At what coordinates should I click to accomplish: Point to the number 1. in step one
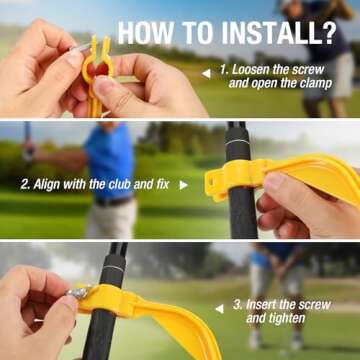pos(225,71)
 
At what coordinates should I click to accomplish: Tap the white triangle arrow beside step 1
pos(206,73)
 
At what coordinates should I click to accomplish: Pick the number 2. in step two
pos(25,184)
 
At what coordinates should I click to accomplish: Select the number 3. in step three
pos(238,303)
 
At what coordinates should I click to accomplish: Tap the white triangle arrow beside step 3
pos(220,306)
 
